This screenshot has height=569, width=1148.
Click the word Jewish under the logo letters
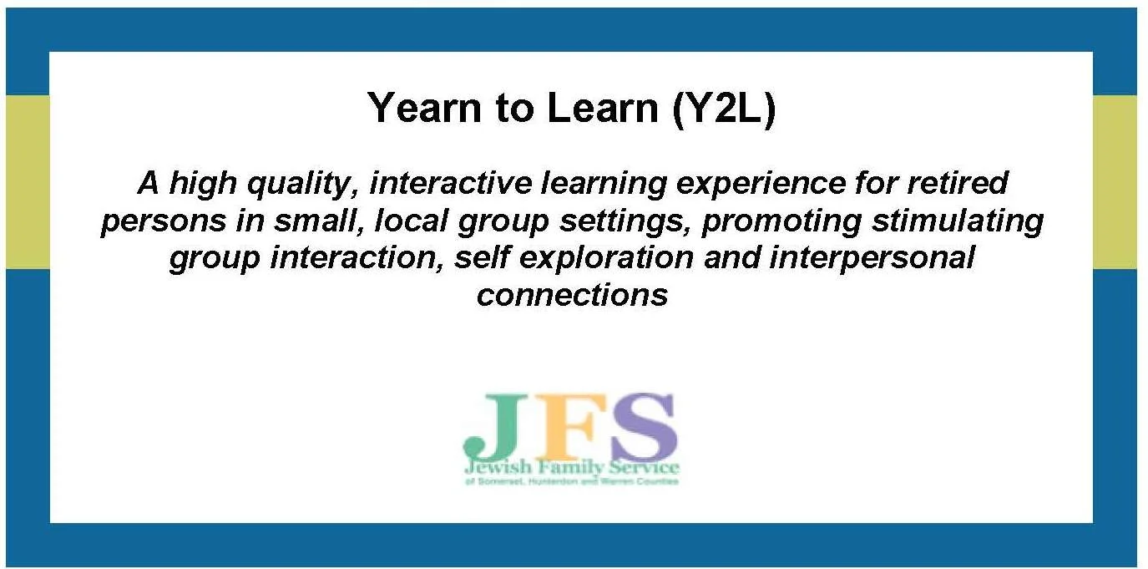coord(494,467)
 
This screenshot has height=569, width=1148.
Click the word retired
coord(958,183)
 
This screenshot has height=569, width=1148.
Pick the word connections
coord(573,295)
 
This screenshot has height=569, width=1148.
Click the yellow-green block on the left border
coord(27,181)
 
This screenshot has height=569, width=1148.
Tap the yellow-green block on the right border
coord(1115,181)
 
